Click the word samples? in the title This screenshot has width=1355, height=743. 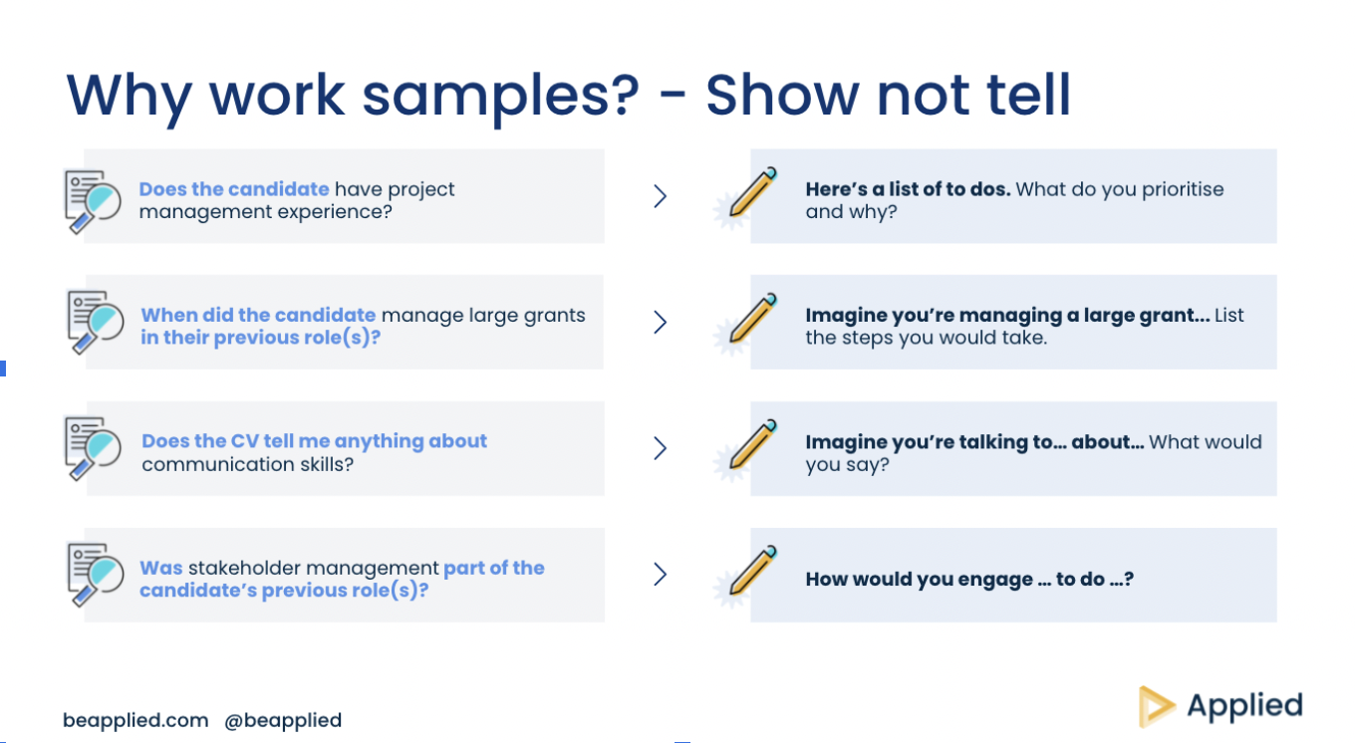pos(500,98)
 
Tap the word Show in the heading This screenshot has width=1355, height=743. pos(782,95)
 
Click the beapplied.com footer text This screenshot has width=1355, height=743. pos(135,720)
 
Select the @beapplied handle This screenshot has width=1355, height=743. pos(283,720)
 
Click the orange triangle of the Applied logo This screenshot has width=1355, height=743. pos(1154,706)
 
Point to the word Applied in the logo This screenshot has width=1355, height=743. pos(1245,706)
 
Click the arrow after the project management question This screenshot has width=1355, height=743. pos(660,196)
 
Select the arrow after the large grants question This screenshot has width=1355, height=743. pos(660,323)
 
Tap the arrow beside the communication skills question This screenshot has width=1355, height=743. pos(660,448)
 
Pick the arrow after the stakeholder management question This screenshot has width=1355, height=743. pos(660,575)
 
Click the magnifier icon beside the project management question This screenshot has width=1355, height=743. pos(93,201)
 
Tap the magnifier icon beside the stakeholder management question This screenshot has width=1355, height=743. pos(95,575)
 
